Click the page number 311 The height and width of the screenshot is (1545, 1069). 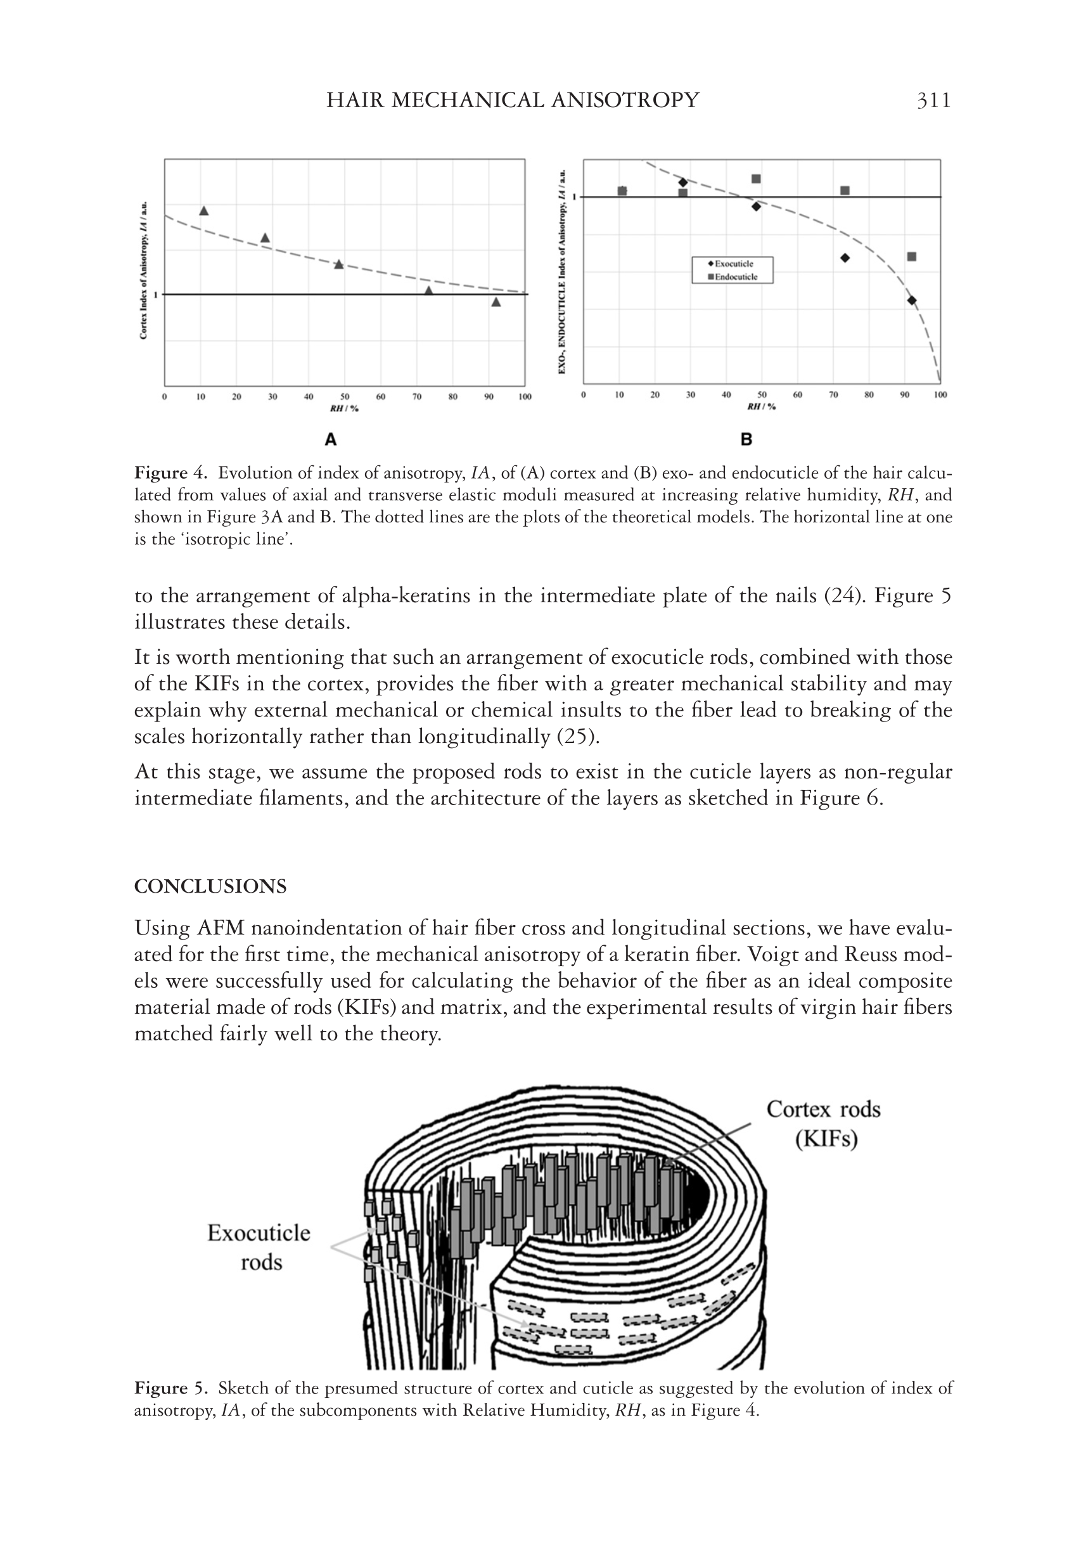pyautogui.click(x=933, y=101)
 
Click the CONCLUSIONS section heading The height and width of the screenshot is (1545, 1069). pyautogui.click(x=210, y=886)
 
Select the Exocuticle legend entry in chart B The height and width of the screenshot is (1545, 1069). pyautogui.click(x=733, y=264)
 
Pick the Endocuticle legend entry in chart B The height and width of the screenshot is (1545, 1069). pyautogui.click(x=733, y=276)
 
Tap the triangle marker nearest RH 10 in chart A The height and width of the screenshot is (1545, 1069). pyautogui.click(x=204, y=211)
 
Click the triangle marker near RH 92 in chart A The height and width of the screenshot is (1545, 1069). pyautogui.click(x=496, y=302)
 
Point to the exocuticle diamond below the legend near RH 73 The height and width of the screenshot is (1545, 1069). pyautogui.click(x=845, y=258)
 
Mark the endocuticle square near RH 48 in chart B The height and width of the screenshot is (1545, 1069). pyautogui.click(x=755, y=179)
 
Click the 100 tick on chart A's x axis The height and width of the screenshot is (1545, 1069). pyautogui.click(x=525, y=397)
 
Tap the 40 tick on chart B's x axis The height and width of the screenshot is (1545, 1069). pyautogui.click(x=726, y=394)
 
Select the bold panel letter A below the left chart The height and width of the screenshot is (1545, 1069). pyautogui.click(x=330, y=439)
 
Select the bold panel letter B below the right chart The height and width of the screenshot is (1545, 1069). pyautogui.click(x=746, y=439)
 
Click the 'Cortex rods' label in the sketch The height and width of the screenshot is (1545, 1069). pyautogui.click(x=823, y=1109)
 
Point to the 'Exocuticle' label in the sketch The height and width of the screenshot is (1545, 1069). pyautogui.click(x=259, y=1233)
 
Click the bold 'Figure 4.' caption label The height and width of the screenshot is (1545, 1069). pyautogui.click(x=172, y=473)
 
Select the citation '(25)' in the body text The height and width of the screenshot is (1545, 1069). pyautogui.click(x=578, y=736)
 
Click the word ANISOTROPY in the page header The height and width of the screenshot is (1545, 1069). pyautogui.click(x=624, y=101)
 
